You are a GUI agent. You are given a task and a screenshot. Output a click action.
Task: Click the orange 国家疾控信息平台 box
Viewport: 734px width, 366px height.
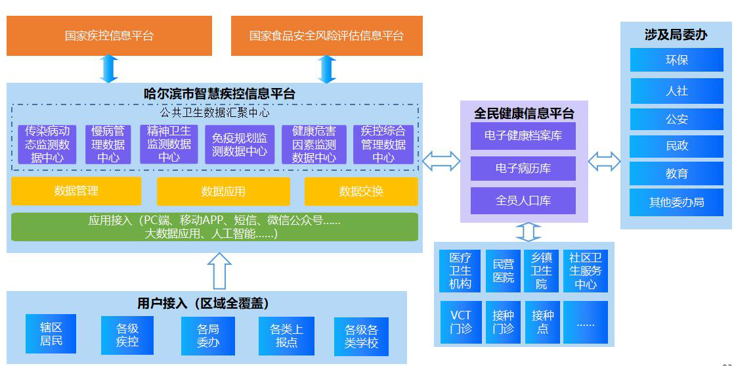tap(109, 35)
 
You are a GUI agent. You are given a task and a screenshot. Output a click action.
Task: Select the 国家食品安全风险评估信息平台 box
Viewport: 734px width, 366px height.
tap(326, 35)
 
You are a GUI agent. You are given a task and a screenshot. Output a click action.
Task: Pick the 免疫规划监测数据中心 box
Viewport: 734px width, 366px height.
tap(240, 145)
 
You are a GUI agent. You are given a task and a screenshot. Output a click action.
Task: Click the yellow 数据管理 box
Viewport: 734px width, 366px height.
tap(76, 191)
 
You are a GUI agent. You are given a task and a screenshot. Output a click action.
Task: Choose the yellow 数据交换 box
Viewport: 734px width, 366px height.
tap(360, 191)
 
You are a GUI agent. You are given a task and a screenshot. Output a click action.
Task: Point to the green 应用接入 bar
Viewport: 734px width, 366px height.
tap(214, 227)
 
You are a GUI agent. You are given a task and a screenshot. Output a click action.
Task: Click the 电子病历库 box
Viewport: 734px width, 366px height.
tap(523, 168)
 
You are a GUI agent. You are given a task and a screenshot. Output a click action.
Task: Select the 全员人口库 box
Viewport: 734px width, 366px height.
tap(523, 200)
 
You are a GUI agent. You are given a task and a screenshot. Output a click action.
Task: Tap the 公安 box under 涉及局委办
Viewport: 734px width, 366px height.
tap(676, 120)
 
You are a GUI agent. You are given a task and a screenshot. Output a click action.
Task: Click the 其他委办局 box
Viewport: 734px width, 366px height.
tap(676, 202)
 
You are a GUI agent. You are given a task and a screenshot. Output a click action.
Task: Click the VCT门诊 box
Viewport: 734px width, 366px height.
tap(460, 322)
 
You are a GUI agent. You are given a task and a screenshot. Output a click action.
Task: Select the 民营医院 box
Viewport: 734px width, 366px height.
tap(503, 271)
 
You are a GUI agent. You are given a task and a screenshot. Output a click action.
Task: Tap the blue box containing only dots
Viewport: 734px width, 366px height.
tap(585, 322)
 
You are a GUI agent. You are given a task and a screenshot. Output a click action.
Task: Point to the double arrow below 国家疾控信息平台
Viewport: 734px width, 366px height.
tap(108, 68)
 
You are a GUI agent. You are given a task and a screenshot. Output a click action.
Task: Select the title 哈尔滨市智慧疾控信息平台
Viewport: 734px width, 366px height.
tap(219, 93)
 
